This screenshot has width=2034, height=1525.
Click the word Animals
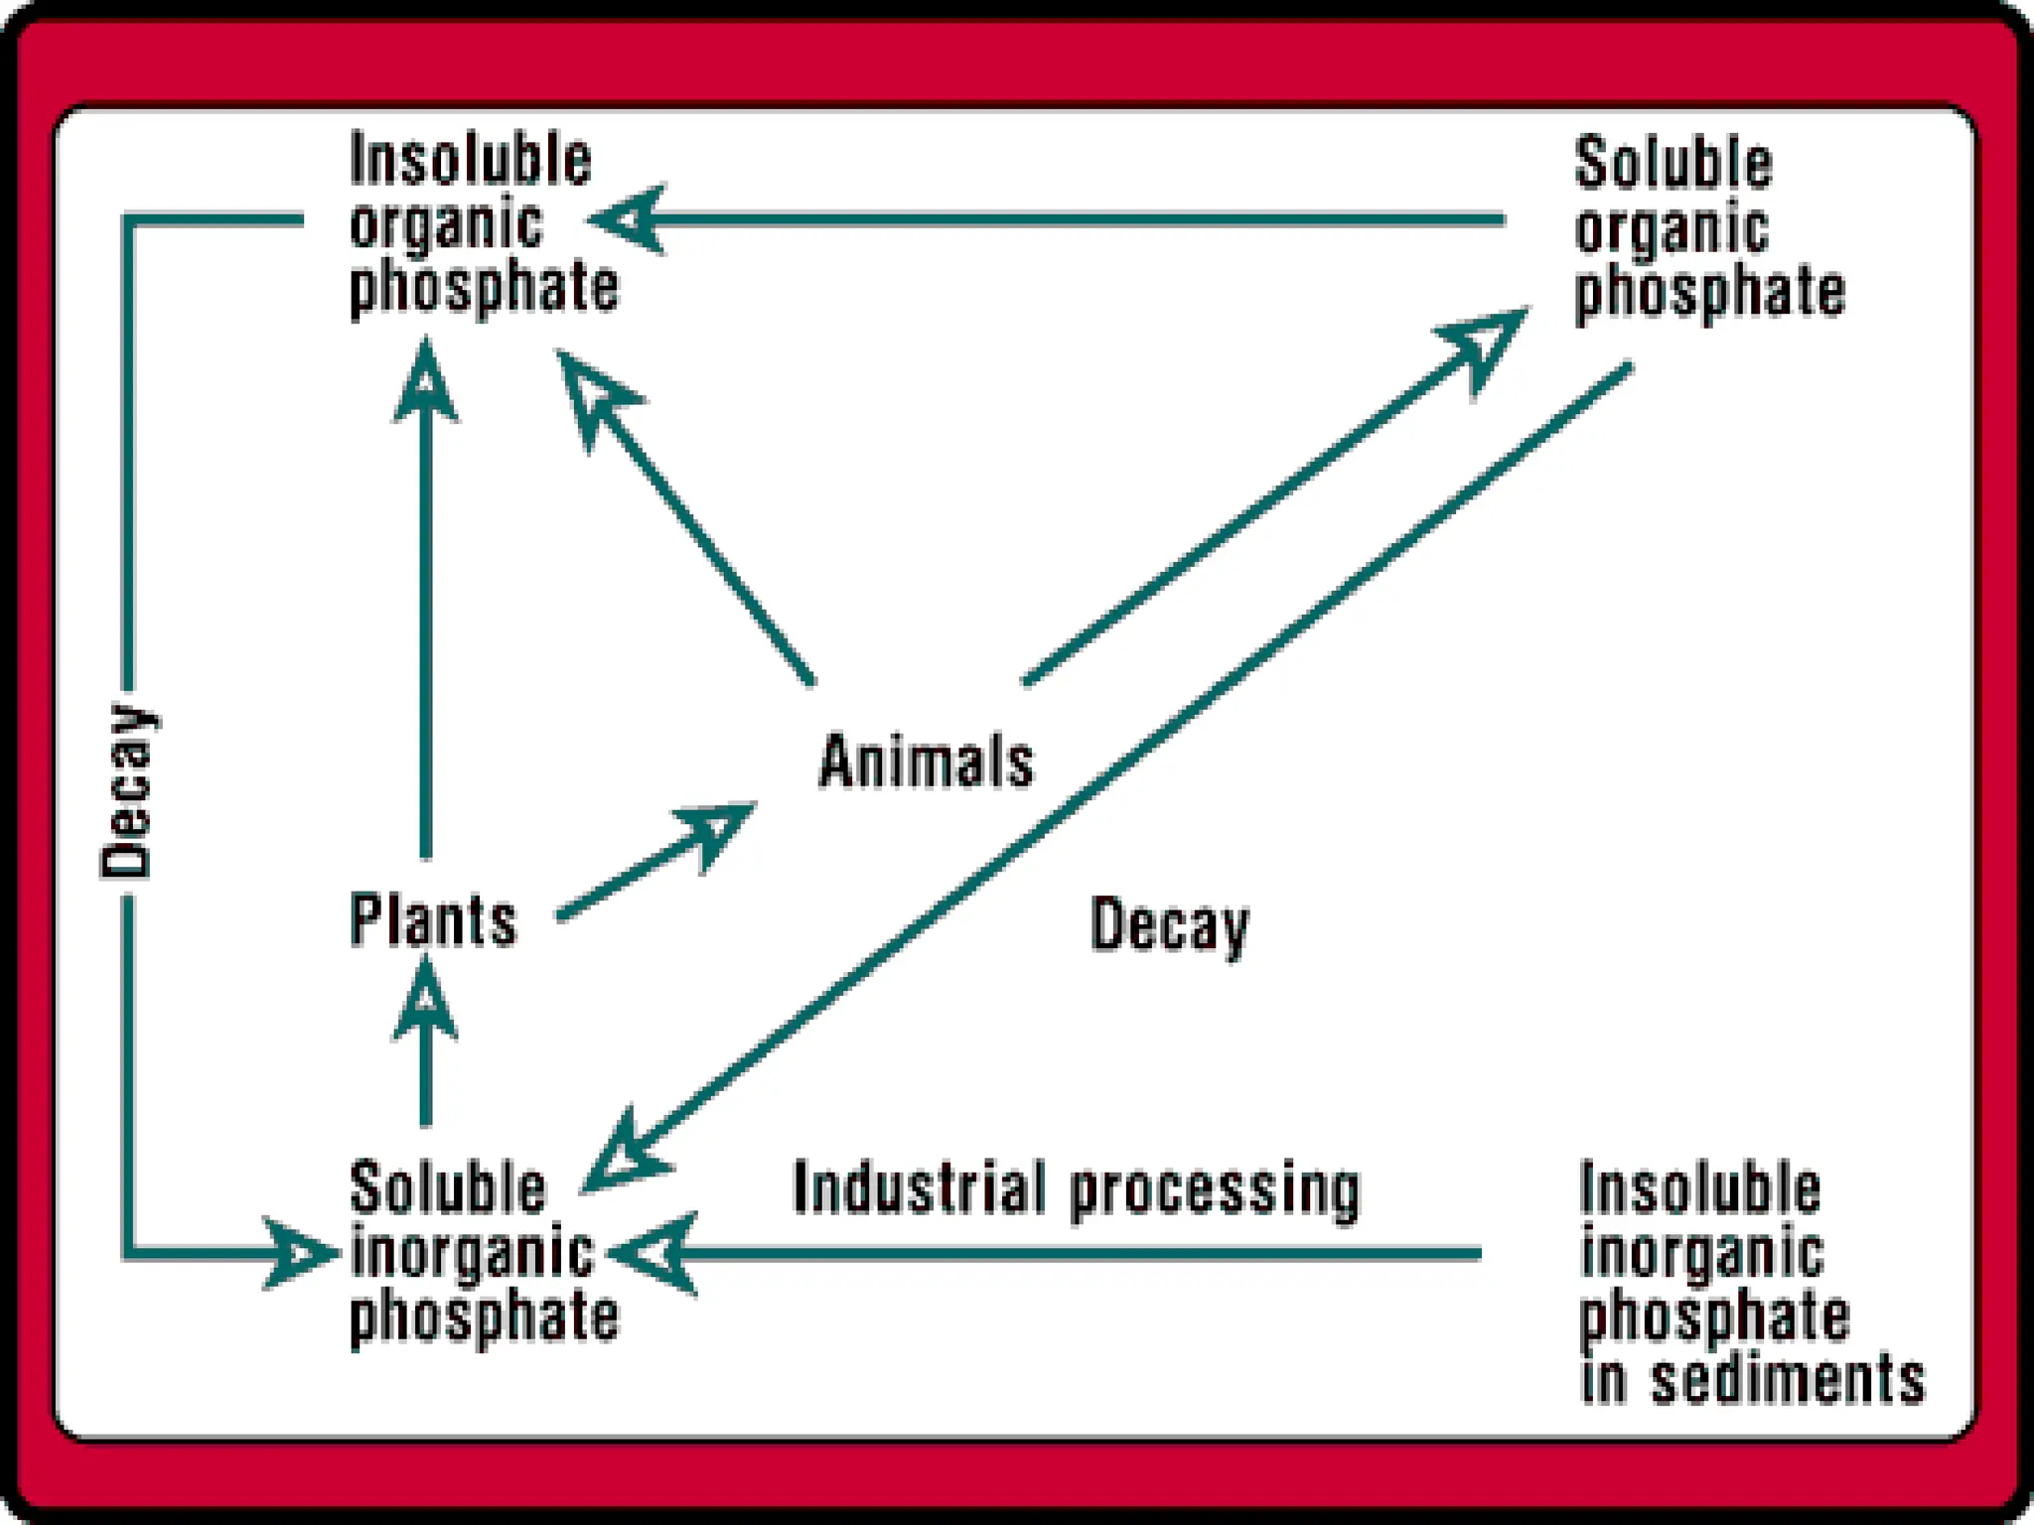(926, 762)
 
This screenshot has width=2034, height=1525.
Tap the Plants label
(433, 920)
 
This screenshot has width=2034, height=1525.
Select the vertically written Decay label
(128, 791)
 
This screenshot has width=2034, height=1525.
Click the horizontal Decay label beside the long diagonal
(1169, 925)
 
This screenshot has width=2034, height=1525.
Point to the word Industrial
(919, 1187)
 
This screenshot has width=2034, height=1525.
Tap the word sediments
(1788, 1379)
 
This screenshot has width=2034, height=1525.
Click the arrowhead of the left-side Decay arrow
(298, 1253)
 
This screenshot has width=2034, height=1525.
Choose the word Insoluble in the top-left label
(471, 161)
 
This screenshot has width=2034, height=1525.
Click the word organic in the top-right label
(1671, 229)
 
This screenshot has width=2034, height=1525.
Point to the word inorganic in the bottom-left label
(473, 1254)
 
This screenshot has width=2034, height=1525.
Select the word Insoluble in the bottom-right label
(1700, 1189)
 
